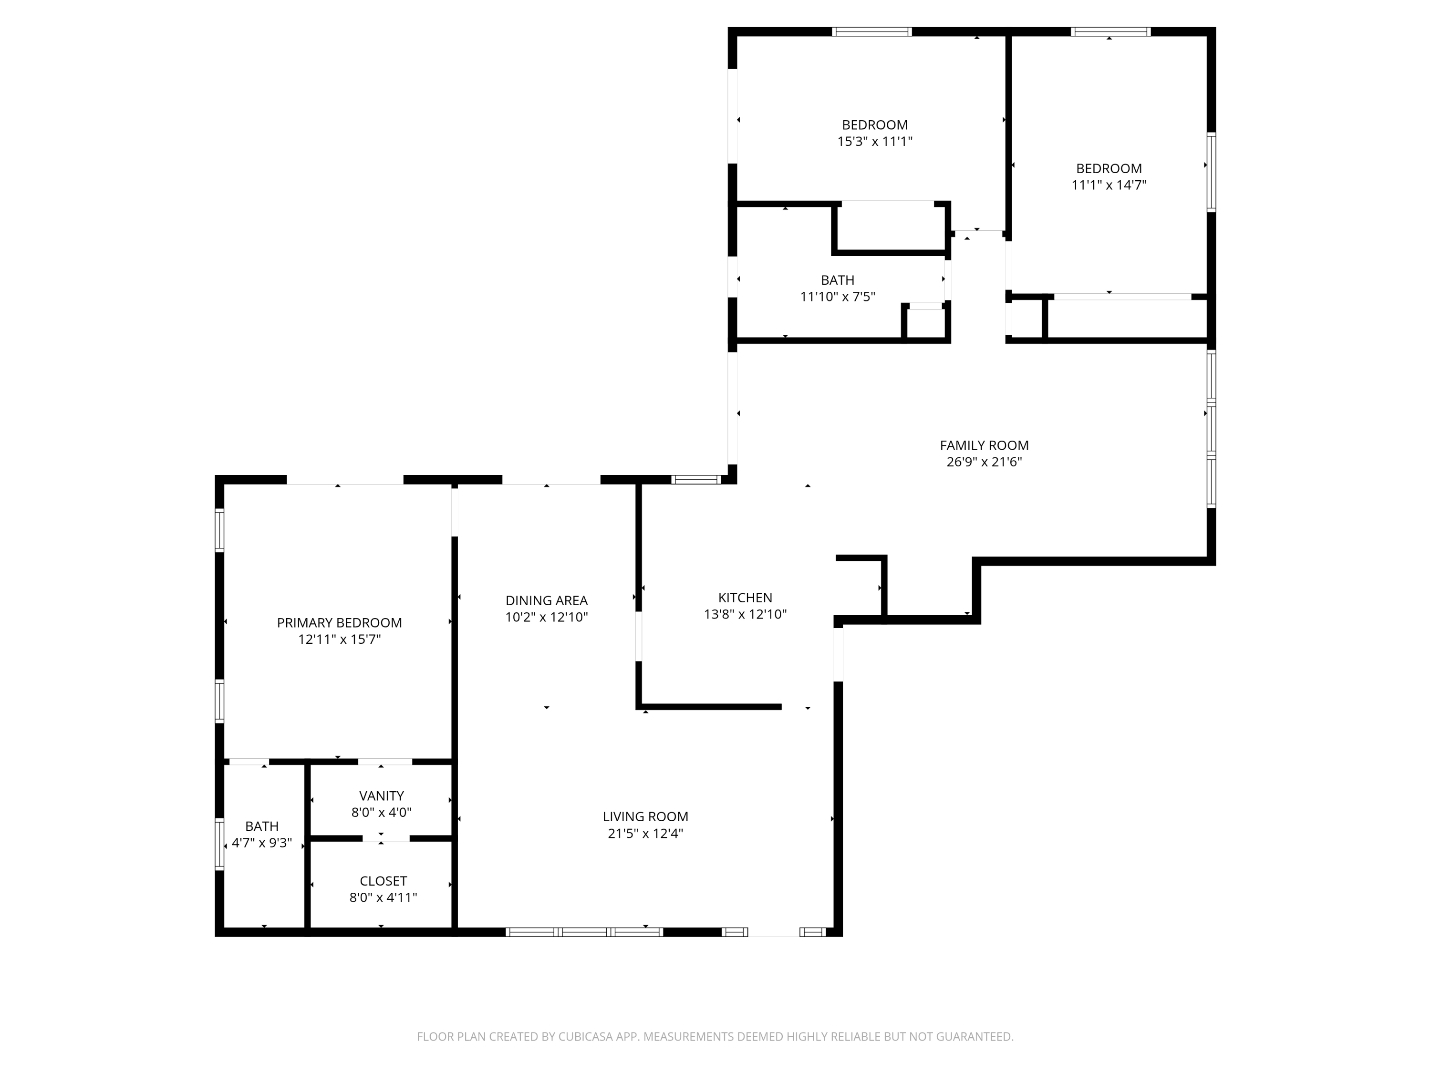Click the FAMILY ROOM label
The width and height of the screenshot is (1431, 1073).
(984, 445)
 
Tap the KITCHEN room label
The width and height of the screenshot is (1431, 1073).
(745, 598)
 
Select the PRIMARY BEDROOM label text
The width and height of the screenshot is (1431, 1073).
(340, 623)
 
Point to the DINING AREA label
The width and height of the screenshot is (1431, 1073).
(547, 600)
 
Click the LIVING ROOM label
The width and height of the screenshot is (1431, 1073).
(646, 817)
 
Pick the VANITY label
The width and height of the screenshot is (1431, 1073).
(382, 795)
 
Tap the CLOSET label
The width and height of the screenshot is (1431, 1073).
(384, 881)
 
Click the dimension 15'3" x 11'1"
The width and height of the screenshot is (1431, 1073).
(875, 142)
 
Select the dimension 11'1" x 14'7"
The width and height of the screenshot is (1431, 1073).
(1109, 185)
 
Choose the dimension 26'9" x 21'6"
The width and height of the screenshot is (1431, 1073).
(984, 462)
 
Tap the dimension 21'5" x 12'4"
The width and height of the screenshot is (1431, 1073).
(646, 834)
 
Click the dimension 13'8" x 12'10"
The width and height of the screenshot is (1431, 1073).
(745, 614)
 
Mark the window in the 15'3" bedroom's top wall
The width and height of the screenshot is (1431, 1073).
(872, 31)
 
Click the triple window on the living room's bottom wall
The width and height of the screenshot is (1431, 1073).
(584, 932)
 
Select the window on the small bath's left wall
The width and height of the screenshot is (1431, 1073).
(219, 844)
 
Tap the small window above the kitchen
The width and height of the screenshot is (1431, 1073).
(695, 479)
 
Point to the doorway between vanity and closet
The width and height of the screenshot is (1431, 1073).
(385, 838)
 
